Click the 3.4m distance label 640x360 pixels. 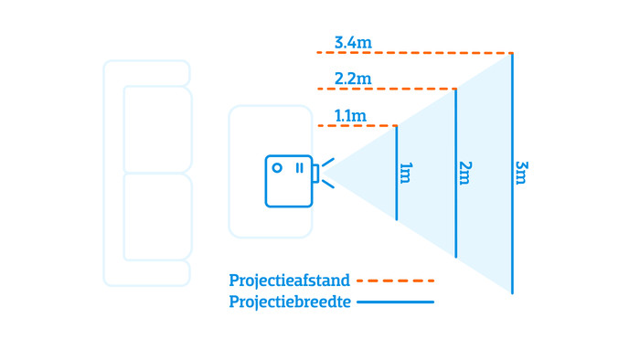pyautogui.click(x=354, y=42)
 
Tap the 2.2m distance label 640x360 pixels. pyautogui.click(x=354, y=79)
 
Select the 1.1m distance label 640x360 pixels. pyautogui.click(x=350, y=115)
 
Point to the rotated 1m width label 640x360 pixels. pyautogui.click(x=406, y=173)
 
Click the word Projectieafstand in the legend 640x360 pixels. pyautogui.click(x=290, y=281)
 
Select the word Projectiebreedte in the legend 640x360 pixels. pyautogui.click(x=290, y=302)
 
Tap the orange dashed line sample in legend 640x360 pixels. pyautogui.click(x=395, y=281)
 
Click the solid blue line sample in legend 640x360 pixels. pyautogui.click(x=395, y=302)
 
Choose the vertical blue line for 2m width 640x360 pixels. pyautogui.click(x=455, y=219)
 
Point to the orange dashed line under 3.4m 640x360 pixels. pyautogui.click(x=411, y=53)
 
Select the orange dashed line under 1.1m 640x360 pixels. pyautogui.click(x=357, y=125)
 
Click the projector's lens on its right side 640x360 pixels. pyautogui.click(x=315, y=173)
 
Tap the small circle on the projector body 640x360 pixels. pyautogui.click(x=277, y=167)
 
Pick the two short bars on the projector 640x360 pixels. pyautogui.click(x=298, y=167)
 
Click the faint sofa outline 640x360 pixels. pyautogui.click(x=146, y=174)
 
